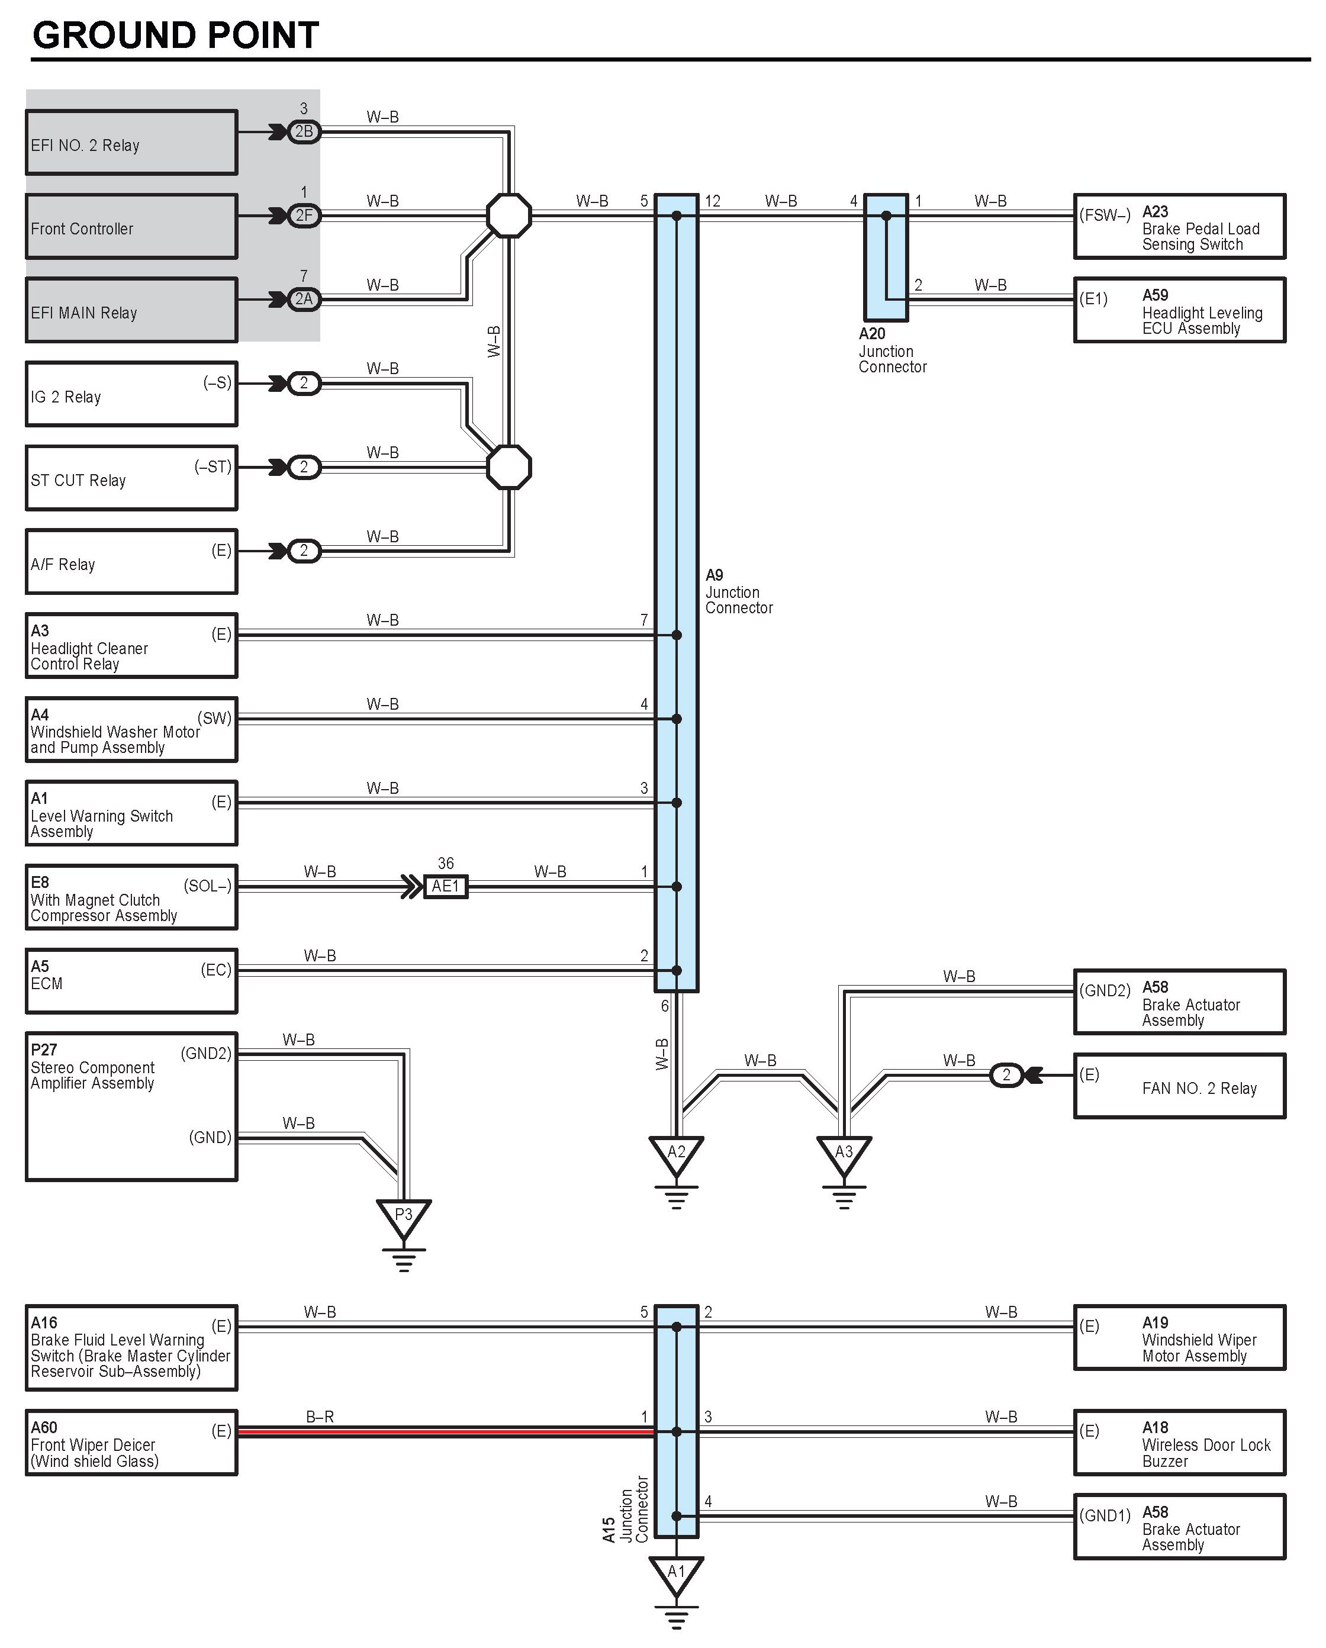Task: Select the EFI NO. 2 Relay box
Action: coord(131,143)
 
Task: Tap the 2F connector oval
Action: coord(304,215)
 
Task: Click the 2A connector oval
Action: coord(304,299)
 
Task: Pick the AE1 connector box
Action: coord(446,886)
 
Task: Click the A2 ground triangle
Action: coord(677,1154)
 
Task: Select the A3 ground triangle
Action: coord(844,1154)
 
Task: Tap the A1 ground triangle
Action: coord(677,1573)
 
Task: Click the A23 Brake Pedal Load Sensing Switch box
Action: coord(1179,227)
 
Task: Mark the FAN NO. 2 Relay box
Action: coord(1179,1086)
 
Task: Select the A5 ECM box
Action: coord(131,981)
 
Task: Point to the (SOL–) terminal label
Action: coord(207,886)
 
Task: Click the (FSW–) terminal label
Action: coord(1105,215)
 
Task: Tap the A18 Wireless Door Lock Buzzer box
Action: coord(1179,1443)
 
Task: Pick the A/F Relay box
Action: coord(131,562)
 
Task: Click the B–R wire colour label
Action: coord(320,1417)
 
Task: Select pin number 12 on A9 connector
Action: coord(712,201)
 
